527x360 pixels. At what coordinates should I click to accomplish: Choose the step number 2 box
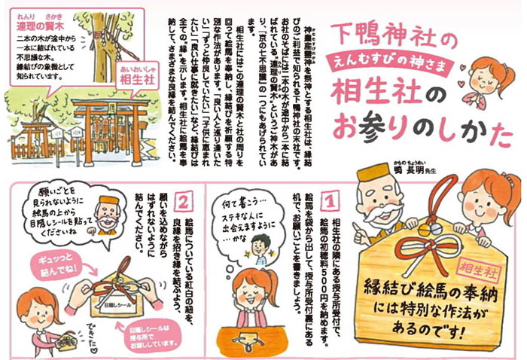coord(182,202)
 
